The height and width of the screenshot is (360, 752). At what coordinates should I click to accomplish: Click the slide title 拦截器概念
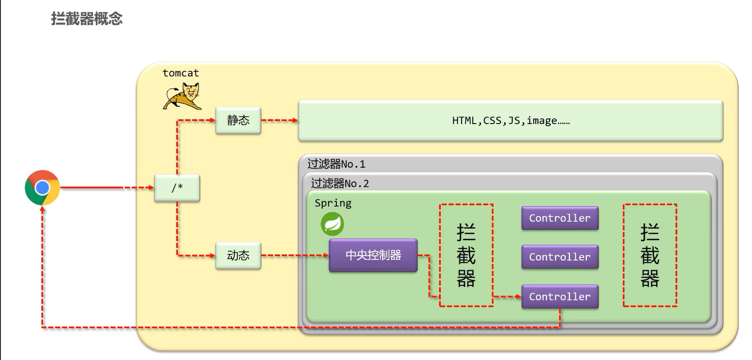point(87,19)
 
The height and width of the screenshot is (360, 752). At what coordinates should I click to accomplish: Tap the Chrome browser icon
point(43,188)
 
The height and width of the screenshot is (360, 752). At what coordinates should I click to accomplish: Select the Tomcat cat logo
point(182,96)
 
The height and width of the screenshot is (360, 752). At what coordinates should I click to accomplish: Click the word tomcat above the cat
point(180,73)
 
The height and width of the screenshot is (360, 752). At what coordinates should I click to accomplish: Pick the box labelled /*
point(177,188)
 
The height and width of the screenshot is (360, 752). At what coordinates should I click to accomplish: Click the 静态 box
point(238,120)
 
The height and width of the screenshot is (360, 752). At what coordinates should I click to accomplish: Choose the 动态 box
point(238,255)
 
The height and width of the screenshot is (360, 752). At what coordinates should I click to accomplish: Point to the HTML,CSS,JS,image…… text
point(510,121)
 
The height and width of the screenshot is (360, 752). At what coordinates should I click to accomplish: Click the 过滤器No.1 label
point(336,164)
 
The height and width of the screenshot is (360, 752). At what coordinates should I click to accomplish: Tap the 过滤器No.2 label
point(340,183)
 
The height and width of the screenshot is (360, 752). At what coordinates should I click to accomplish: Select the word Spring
point(333,203)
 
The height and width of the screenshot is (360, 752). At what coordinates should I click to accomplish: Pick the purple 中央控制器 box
point(373,255)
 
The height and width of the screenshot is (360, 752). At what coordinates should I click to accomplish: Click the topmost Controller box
point(560,218)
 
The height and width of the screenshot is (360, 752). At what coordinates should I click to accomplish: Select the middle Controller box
point(560,257)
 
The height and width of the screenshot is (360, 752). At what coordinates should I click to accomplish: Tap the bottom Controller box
point(560,297)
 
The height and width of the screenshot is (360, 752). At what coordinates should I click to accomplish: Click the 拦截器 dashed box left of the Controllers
point(466,255)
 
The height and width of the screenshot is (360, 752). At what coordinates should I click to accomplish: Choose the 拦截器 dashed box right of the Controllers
point(650,255)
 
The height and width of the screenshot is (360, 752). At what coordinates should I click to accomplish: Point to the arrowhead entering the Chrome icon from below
point(43,209)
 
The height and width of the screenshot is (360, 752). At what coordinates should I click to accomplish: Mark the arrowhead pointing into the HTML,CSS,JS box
point(295,121)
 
